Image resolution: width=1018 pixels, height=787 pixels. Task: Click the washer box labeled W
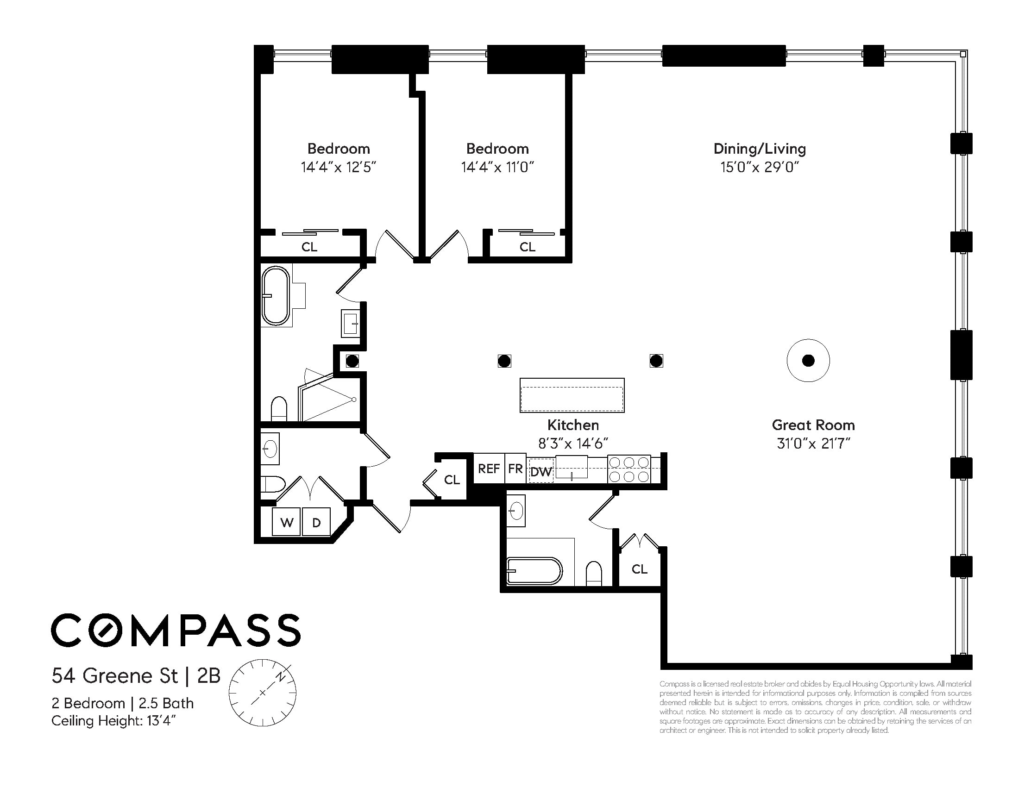click(x=287, y=522)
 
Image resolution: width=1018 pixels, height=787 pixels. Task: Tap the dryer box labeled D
click(x=316, y=522)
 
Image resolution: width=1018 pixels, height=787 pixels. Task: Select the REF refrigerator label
click(x=489, y=469)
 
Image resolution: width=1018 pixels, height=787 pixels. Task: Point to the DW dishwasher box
click(x=541, y=472)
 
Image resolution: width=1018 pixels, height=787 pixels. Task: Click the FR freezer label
click(x=515, y=469)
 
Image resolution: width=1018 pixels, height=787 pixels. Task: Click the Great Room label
click(x=813, y=425)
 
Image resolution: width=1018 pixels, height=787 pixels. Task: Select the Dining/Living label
click(x=760, y=149)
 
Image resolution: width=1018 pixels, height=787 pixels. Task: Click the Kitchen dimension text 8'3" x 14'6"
click(x=573, y=443)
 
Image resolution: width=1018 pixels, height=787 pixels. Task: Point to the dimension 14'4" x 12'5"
click(x=339, y=167)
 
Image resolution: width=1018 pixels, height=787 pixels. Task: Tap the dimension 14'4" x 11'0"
click(x=497, y=167)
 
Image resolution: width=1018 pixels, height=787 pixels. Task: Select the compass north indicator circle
click(x=263, y=693)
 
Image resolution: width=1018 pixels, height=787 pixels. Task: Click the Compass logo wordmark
click(x=176, y=630)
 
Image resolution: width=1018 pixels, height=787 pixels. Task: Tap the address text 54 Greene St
click(x=115, y=675)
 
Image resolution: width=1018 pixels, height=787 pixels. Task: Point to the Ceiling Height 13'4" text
click(x=113, y=721)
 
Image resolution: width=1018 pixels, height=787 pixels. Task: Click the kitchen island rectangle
click(x=572, y=395)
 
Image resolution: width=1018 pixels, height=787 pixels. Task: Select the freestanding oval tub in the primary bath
click(x=276, y=295)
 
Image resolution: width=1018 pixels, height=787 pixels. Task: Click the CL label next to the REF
click(x=452, y=480)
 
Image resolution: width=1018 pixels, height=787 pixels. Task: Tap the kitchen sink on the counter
click(x=572, y=468)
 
